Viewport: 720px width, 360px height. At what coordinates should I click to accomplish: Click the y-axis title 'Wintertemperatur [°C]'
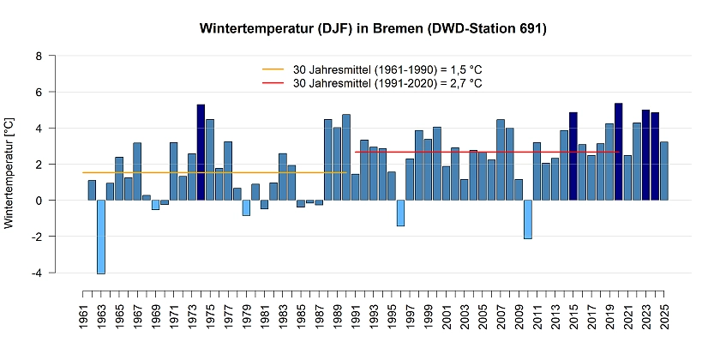coord(9,174)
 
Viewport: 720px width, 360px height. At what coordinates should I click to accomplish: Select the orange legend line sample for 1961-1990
coord(273,69)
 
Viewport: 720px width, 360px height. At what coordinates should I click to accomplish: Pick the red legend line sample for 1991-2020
coord(273,83)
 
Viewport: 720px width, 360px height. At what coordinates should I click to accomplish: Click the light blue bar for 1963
coord(101,237)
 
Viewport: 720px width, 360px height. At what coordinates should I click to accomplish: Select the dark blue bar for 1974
coord(201,153)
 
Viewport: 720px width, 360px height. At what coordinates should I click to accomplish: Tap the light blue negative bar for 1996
coord(400,213)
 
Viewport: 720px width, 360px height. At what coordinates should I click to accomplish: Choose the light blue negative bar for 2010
coord(528,219)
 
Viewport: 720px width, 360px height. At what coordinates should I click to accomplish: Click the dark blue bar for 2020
coord(619,152)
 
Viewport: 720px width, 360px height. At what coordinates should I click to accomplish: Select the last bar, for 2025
coord(664,171)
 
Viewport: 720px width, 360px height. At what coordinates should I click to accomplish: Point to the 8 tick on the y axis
coord(38,56)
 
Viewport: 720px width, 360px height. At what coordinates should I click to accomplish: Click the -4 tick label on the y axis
coord(36,273)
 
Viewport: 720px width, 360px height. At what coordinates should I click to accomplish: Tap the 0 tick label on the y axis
coord(38,201)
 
